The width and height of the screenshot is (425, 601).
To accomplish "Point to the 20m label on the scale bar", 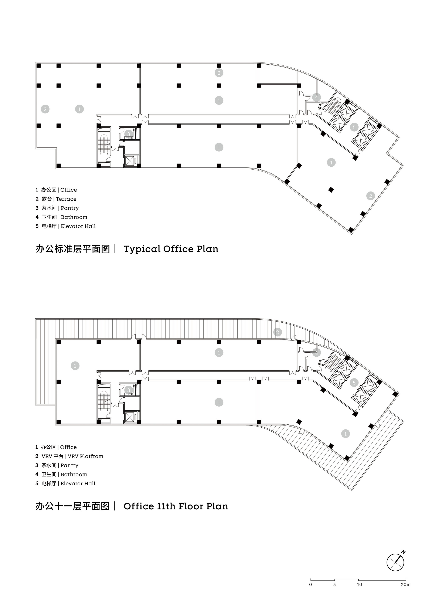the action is [x=406, y=584].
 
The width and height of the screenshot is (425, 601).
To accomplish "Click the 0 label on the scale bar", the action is [x=311, y=584].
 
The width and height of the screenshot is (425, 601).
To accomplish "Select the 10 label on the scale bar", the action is [x=360, y=584].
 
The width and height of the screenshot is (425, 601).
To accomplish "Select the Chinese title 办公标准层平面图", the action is [x=72, y=249].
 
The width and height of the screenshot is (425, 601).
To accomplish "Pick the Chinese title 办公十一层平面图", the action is [x=72, y=506].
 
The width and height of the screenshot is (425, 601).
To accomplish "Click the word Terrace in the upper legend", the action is [x=66, y=199].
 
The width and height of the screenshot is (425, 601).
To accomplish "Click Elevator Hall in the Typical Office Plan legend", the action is [x=78, y=226].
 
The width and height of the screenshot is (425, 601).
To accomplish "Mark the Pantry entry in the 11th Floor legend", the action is [x=69, y=465].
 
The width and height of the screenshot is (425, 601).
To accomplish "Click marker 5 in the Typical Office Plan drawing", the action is [x=354, y=127].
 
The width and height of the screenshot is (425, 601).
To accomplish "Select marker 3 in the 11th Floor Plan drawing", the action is [x=129, y=390].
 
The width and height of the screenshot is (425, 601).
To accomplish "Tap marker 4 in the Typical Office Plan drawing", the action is [x=316, y=97].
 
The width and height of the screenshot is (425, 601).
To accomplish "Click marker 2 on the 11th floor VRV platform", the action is [x=278, y=332].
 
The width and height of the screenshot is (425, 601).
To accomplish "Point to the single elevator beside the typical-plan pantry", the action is [x=130, y=161].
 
